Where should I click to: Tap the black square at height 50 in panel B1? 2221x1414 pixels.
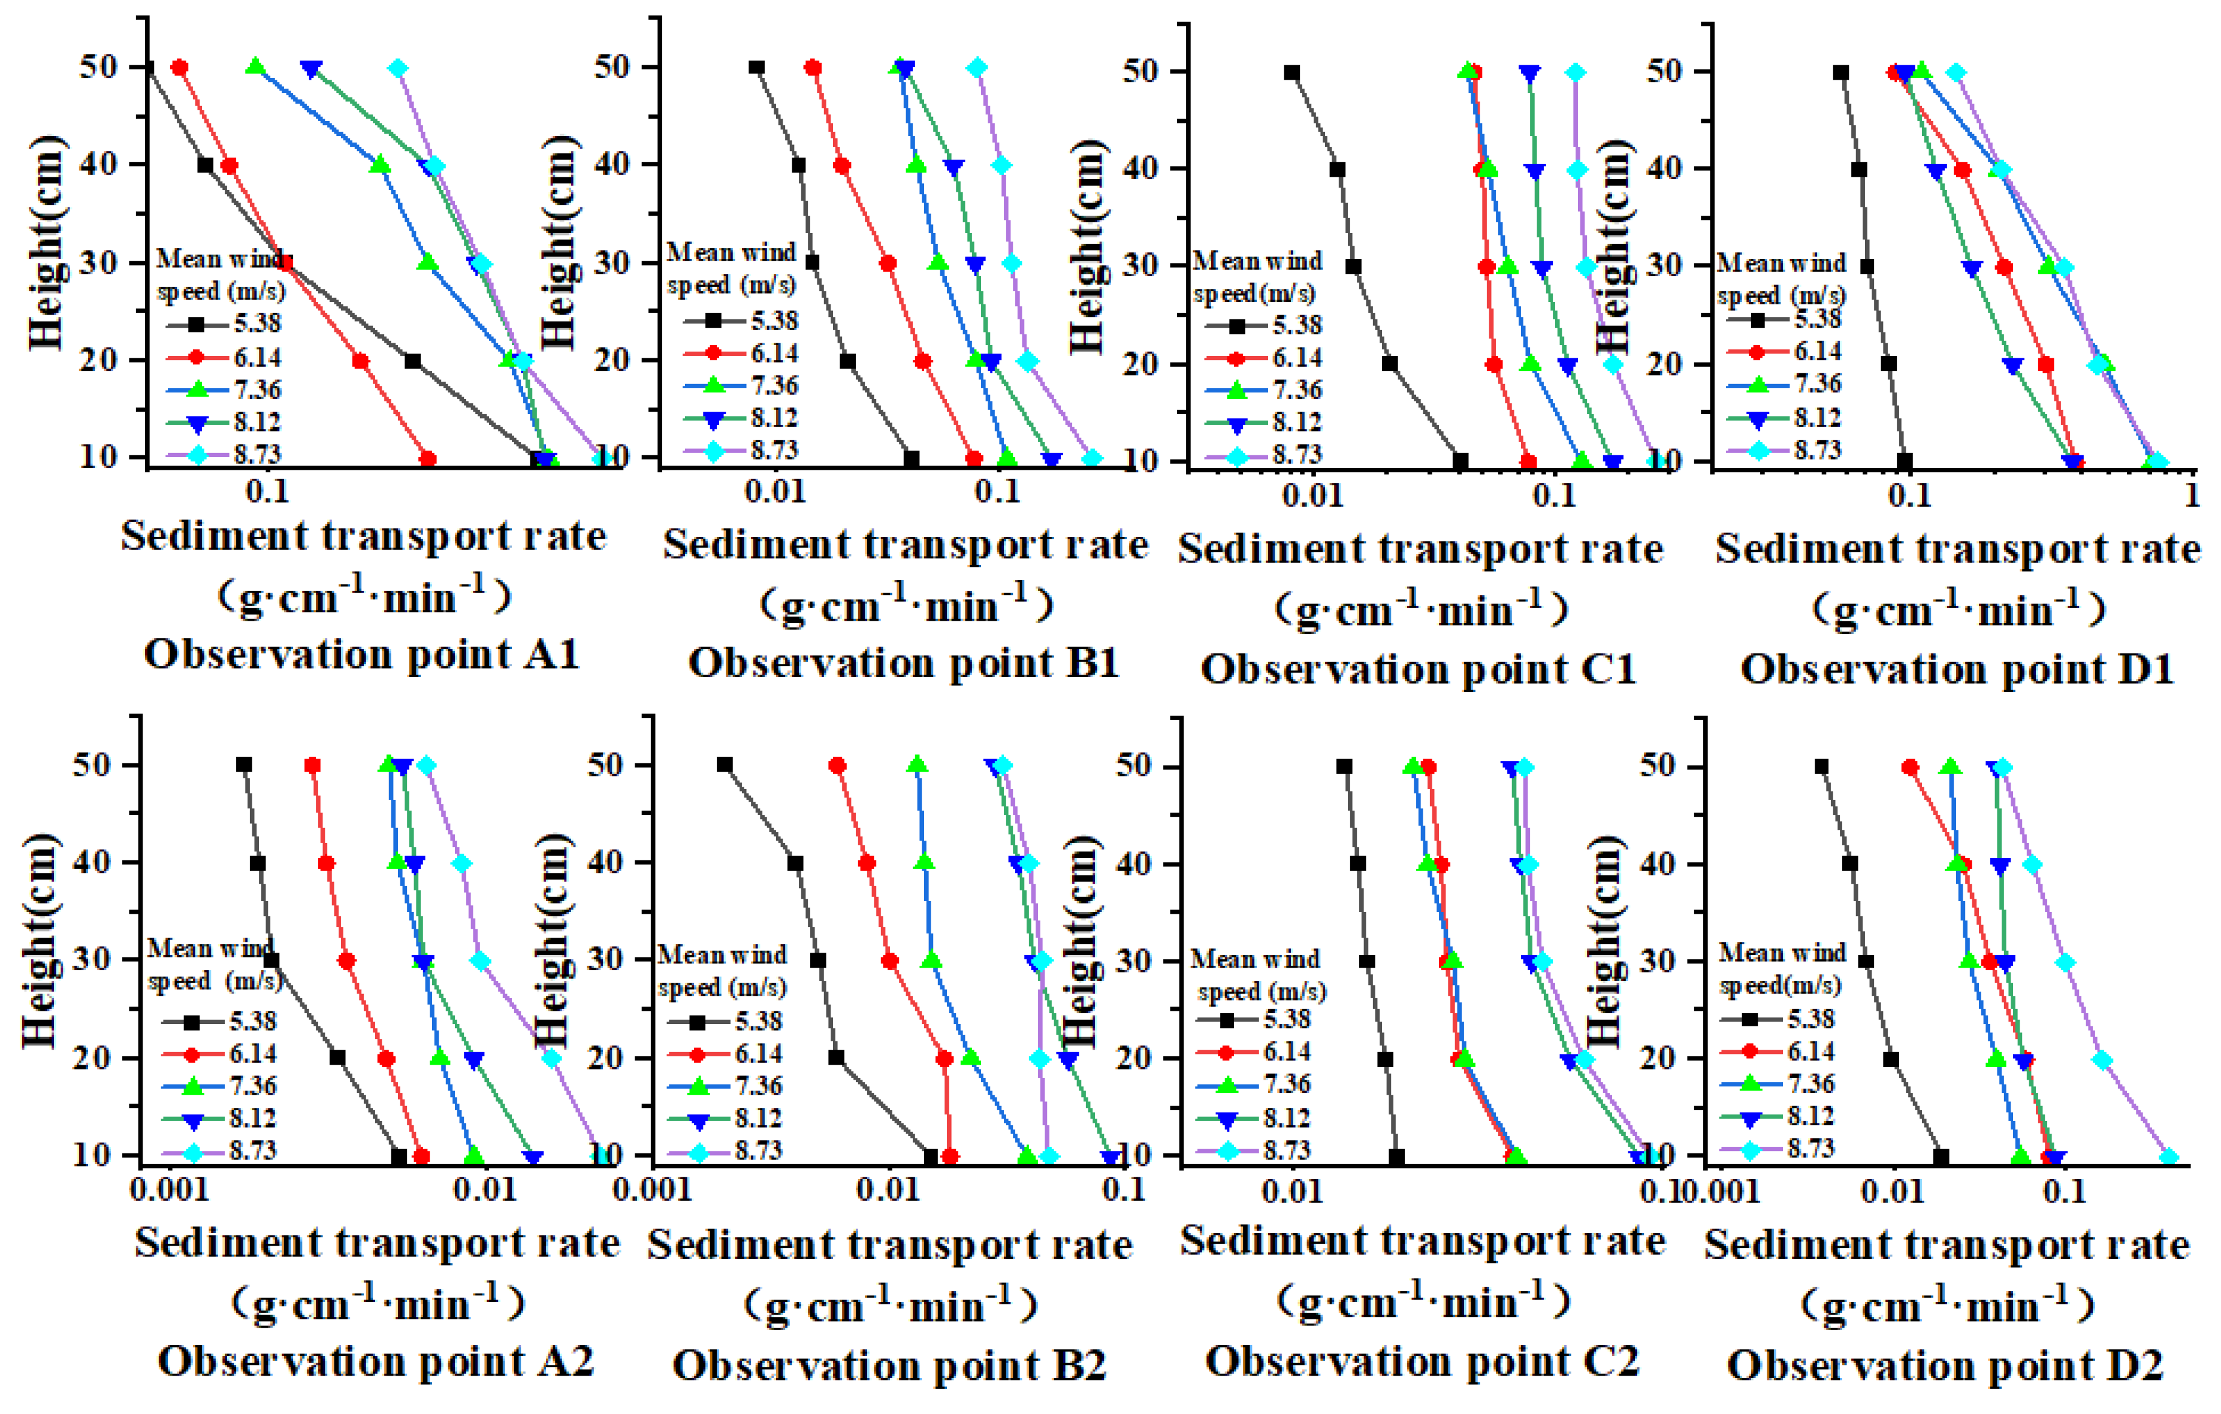pos(756,67)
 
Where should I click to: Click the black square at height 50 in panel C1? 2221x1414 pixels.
pos(1292,72)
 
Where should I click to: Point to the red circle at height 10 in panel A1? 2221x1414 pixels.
pos(428,458)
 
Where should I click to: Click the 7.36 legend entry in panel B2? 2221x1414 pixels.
pos(724,1086)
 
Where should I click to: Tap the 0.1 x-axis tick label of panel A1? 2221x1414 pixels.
pos(267,491)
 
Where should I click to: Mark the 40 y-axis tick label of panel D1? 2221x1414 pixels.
pos(1668,169)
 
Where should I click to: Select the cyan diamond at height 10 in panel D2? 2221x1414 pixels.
pos(2169,1158)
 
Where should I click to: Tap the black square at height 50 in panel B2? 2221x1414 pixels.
pos(725,765)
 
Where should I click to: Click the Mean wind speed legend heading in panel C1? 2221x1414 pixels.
pos(1256,277)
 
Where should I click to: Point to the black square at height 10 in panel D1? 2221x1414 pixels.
pos(1905,461)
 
